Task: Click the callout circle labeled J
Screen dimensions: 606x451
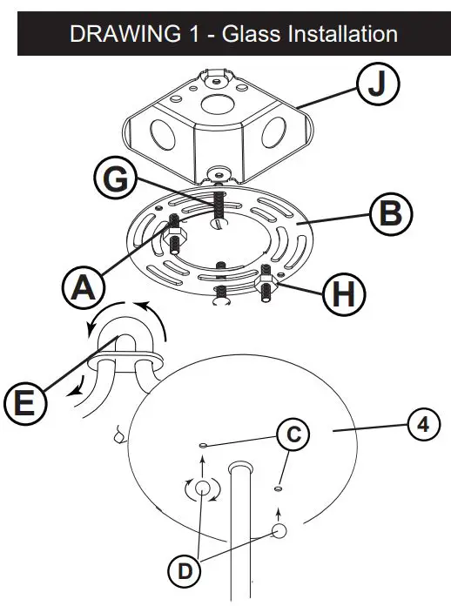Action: click(x=377, y=87)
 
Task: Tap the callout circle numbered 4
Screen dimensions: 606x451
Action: click(x=421, y=425)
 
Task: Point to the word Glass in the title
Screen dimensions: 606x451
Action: click(x=245, y=34)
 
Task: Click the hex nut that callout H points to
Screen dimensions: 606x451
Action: click(x=266, y=283)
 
